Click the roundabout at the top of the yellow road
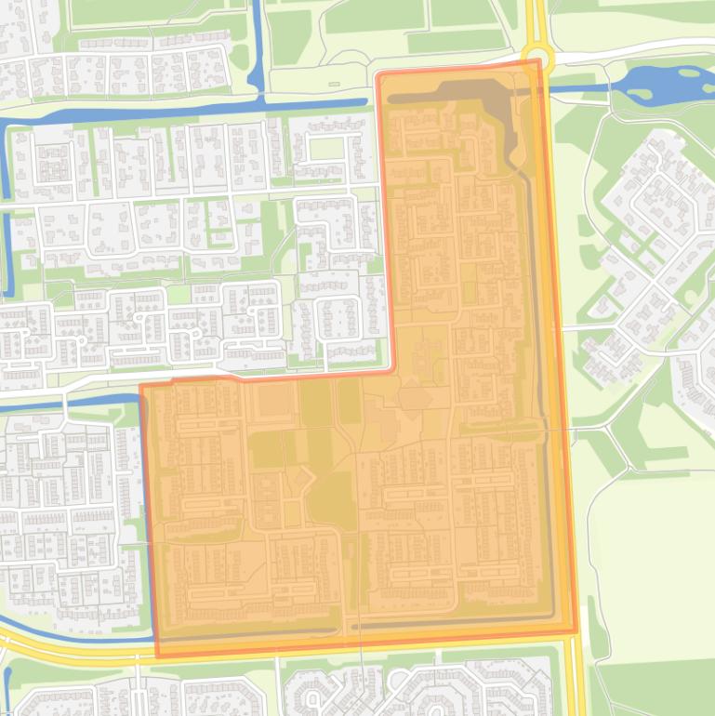click(537, 58)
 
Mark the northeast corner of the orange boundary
click(539, 62)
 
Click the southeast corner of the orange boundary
click(576, 633)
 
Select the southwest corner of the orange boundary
click(156, 656)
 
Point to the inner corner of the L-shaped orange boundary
click(395, 372)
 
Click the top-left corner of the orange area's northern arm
click(377, 74)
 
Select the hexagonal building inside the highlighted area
click(414, 397)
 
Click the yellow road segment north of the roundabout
click(535, 19)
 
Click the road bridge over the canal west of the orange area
click(64, 400)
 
